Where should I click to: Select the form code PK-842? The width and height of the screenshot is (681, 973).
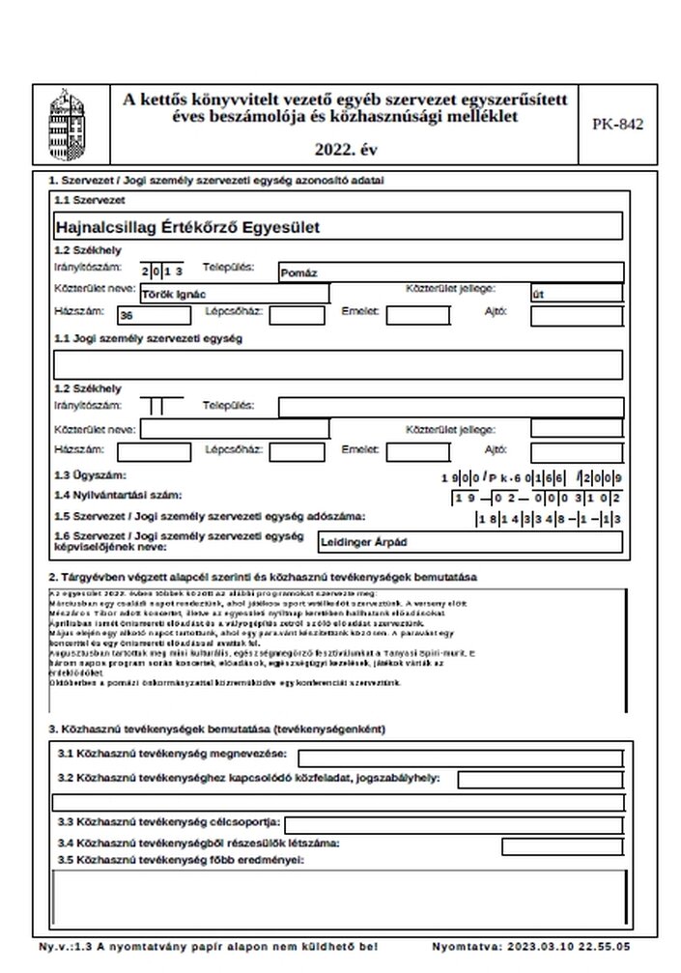[616, 124]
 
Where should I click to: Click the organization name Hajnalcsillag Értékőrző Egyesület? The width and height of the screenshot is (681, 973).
[188, 227]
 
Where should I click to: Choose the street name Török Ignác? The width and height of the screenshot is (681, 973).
[176, 294]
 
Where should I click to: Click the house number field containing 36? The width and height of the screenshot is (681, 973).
[153, 315]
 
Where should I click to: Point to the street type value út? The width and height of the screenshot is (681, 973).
[539, 294]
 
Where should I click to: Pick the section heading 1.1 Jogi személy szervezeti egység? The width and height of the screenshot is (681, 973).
[148, 339]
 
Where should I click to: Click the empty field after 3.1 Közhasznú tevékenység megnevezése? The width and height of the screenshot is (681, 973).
[459, 758]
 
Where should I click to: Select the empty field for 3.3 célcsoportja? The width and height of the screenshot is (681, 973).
[452, 823]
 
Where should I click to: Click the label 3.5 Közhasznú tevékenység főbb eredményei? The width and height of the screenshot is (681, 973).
[180, 859]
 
